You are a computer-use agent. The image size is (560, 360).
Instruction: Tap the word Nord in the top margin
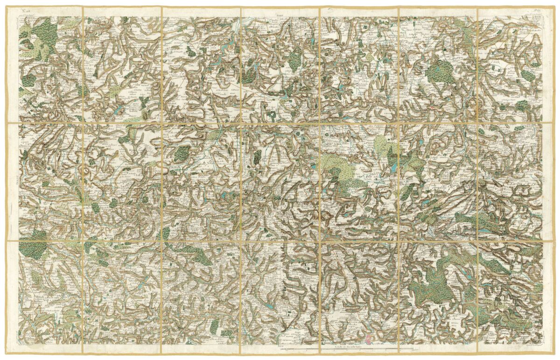pos(280,14)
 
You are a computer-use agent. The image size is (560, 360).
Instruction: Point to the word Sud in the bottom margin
pos(280,346)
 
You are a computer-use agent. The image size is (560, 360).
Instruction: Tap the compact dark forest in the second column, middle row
pos(182,153)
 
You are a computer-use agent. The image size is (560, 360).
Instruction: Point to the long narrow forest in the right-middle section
pos(481,219)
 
